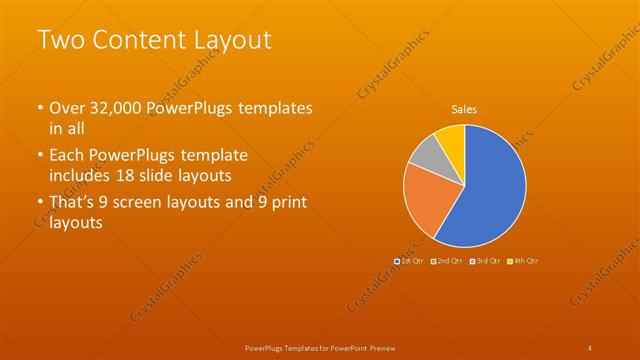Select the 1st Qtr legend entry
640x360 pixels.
[413, 260]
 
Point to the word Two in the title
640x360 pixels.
[59, 40]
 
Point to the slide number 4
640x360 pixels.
[590, 347]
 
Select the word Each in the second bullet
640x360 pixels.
[66, 157]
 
